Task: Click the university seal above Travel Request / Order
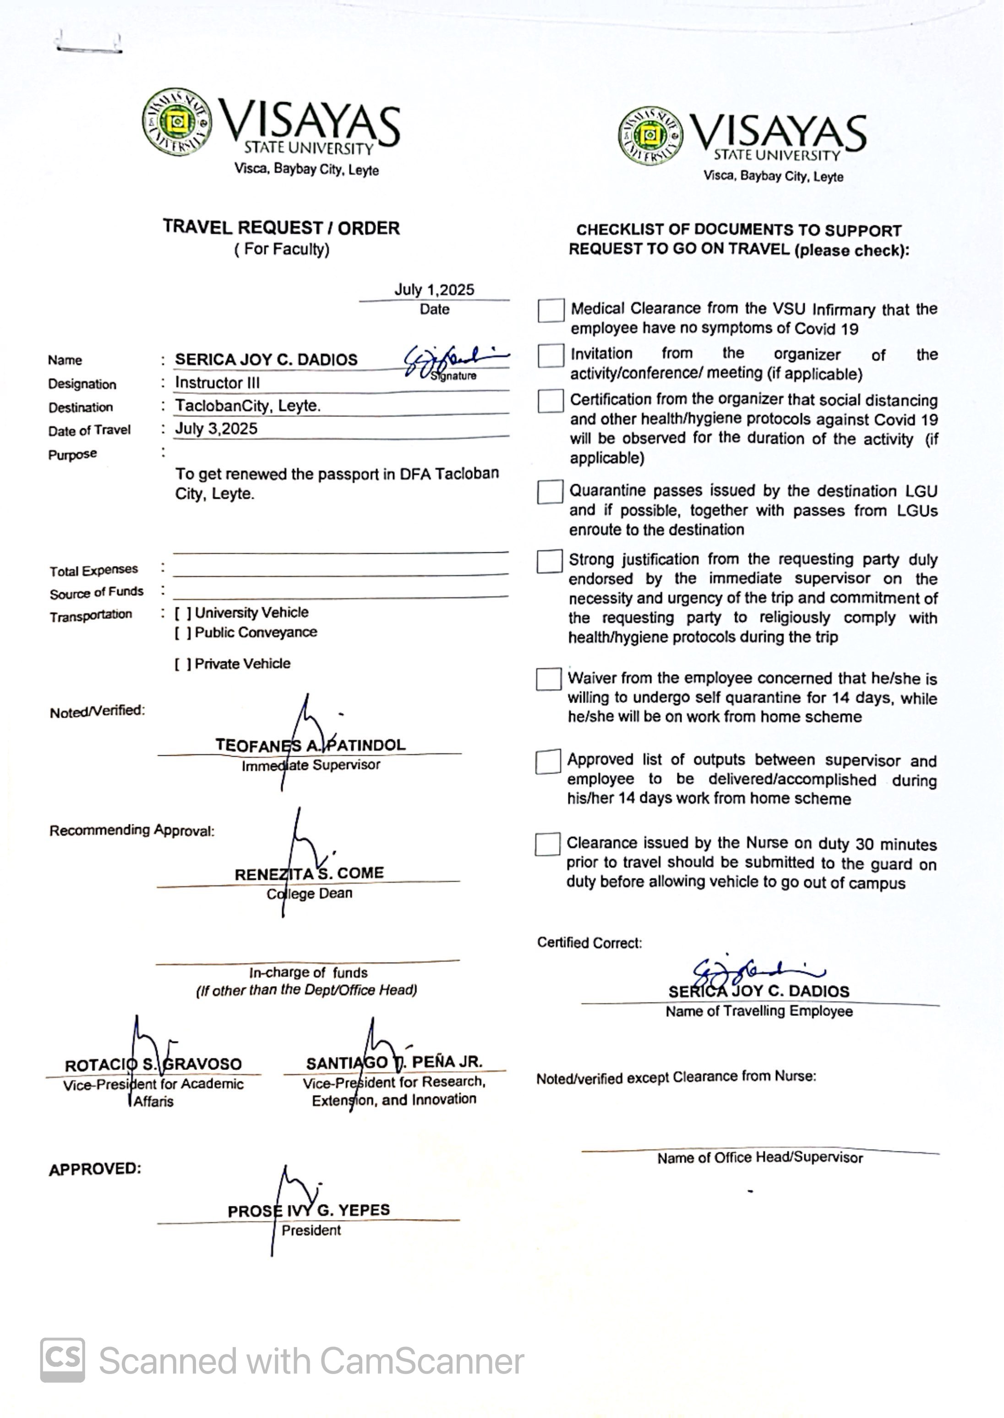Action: pos(177,122)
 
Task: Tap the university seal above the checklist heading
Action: pos(650,136)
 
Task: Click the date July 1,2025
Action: pos(434,290)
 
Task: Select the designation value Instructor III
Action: pos(217,382)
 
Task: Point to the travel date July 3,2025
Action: pos(216,428)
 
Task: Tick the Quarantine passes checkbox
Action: pos(550,492)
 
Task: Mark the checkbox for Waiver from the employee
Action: pos(548,679)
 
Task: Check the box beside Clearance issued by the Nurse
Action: pos(547,845)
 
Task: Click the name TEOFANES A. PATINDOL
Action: pos(311,745)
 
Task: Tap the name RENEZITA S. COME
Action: pos(309,873)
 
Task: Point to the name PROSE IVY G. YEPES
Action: pos(309,1211)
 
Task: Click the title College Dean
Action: pos(309,894)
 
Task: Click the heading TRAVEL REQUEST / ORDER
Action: pos(281,228)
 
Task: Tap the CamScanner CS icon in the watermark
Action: pos(62,1360)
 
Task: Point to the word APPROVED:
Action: pos(95,1169)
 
